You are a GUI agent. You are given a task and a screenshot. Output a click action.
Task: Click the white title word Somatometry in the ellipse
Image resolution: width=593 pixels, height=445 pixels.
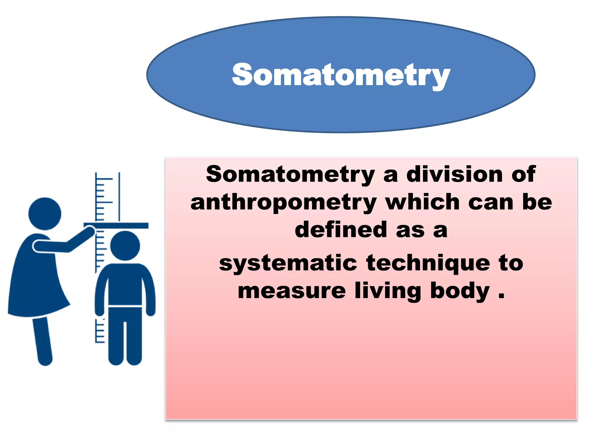(341, 75)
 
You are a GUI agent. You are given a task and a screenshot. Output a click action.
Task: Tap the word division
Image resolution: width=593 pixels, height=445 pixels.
(455, 174)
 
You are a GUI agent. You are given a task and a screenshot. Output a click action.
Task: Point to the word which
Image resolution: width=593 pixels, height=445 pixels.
(423, 202)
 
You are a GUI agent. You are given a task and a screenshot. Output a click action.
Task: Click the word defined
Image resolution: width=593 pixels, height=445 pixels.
(341, 230)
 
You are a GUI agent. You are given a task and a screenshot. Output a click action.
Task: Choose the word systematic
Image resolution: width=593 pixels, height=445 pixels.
(288, 263)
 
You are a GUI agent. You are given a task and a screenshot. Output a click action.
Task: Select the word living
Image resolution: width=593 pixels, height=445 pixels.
(388, 291)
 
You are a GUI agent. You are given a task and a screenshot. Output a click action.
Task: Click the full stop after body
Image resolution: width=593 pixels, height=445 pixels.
(502, 297)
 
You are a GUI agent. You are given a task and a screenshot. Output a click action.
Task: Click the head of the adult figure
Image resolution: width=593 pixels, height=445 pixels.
(45, 214)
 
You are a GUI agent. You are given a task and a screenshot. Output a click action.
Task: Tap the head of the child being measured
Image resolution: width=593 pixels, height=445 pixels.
(125, 246)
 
